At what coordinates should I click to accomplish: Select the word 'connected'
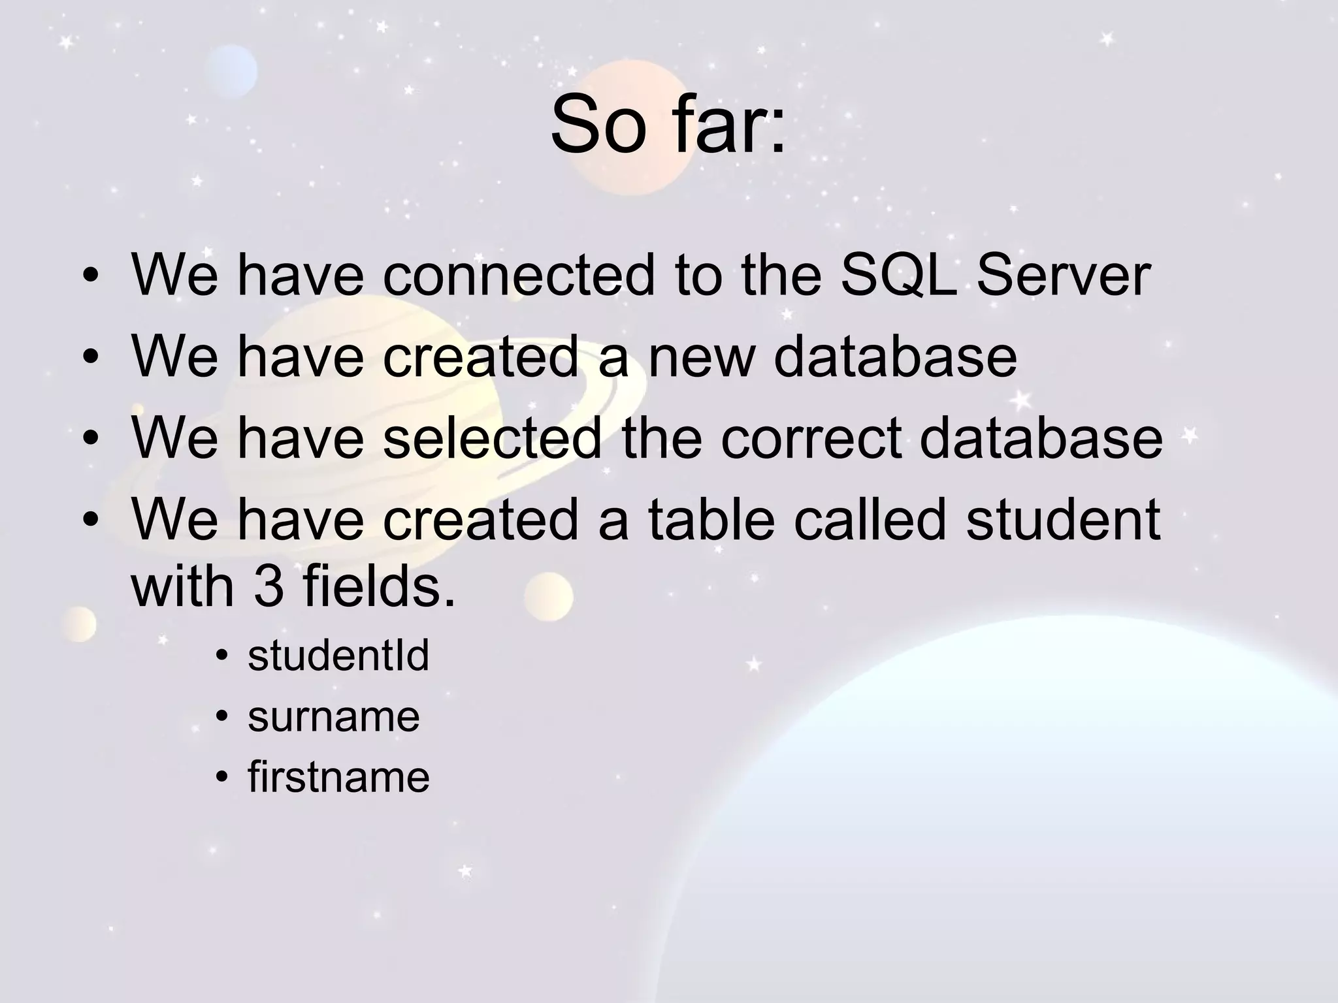[x=518, y=275]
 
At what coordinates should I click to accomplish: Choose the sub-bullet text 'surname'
[x=333, y=716]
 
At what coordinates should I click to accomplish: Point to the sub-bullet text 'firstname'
[x=338, y=777]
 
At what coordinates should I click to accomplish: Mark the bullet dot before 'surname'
[x=222, y=718]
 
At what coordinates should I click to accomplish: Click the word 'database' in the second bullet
[x=895, y=357]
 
